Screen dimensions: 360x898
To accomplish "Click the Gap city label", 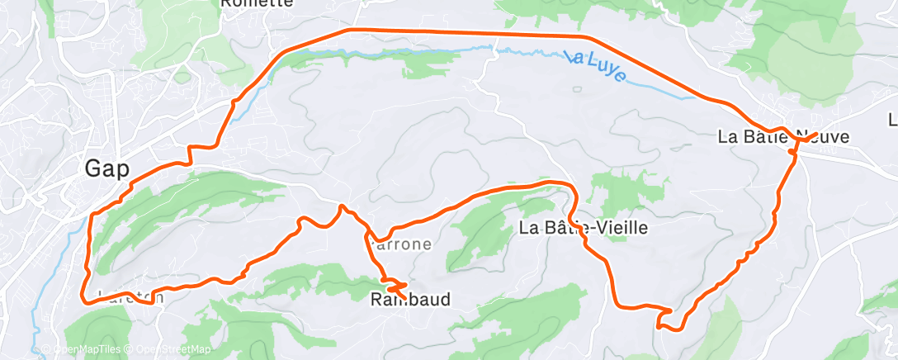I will pos(107,169).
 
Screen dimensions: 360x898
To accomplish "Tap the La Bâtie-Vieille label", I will pos(584,228).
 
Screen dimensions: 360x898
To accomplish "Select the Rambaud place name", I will pos(410,299).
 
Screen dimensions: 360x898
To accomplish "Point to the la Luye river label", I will pos(597,67).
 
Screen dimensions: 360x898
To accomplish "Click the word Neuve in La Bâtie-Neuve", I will pos(823,138).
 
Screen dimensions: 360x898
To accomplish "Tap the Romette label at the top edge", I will pos(257,3).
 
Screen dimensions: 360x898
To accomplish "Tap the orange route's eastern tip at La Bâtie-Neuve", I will pos(816,133).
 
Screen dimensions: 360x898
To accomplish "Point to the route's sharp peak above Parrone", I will pos(341,206).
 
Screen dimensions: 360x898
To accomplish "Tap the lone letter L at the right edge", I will pos(892,120).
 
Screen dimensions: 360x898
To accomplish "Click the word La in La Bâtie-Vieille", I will pos(529,228).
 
